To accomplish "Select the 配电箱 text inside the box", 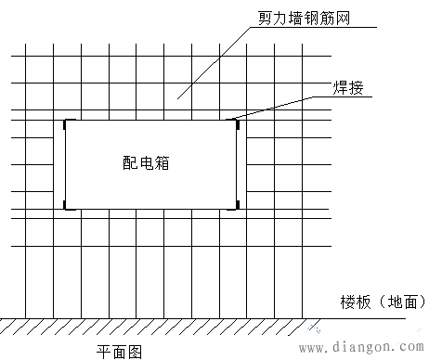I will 149,161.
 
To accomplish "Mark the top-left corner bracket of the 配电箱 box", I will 65,122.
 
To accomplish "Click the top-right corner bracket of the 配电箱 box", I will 236,121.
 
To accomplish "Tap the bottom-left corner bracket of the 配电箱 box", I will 65,205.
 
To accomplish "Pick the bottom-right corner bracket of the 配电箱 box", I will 237,204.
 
